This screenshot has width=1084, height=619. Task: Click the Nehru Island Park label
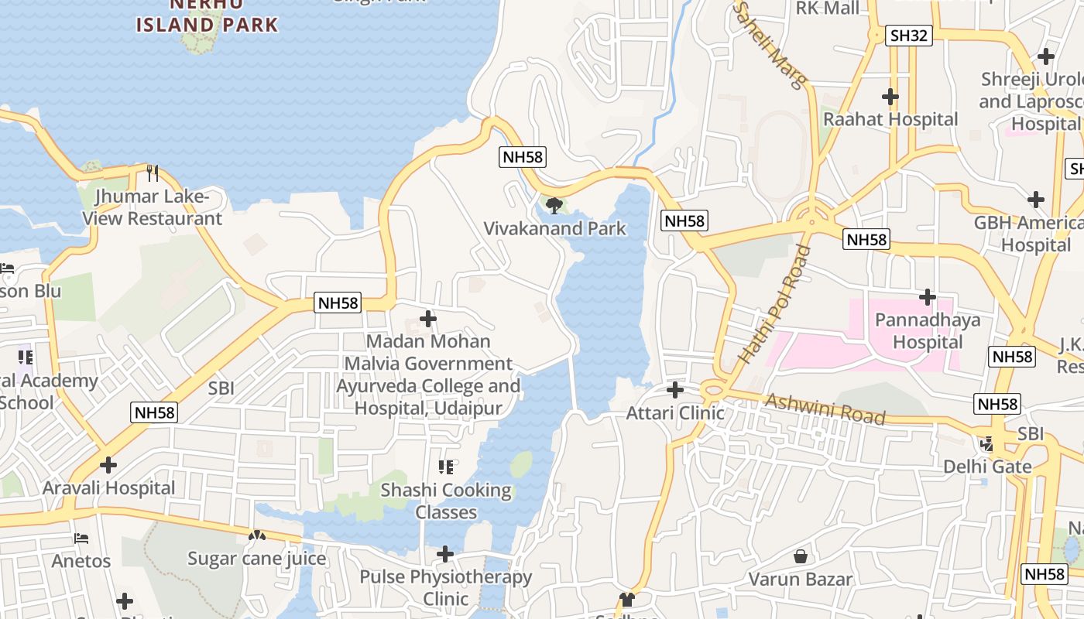[x=207, y=17]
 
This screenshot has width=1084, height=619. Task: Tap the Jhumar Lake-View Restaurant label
[x=153, y=207]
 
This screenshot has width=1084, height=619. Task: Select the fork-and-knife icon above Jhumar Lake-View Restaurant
[x=153, y=172]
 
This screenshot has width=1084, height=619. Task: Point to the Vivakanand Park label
[x=554, y=228]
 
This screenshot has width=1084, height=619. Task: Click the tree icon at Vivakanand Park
[x=554, y=205]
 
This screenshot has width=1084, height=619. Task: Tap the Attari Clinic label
[x=675, y=412]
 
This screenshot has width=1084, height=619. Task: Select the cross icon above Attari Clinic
[x=675, y=389]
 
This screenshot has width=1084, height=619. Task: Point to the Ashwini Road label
[x=825, y=408]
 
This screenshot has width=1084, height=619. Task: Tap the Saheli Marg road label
[x=770, y=45]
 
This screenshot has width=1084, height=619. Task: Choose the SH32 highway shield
[x=909, y=35]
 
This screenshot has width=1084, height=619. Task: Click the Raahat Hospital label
[x=890, y=119]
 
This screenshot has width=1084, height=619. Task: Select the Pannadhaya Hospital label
[x=928, y=330]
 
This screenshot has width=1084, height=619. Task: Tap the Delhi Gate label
[x=987, y=467]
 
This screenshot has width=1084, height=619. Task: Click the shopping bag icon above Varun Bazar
[x=801, y=556]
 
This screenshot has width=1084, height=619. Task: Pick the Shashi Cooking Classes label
[x=446, y=501]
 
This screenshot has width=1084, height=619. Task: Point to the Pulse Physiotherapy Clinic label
[x=445, y=587]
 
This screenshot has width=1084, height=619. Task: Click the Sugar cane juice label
[x=257, y=558]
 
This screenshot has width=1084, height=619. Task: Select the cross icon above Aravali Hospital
[x=108, y=465]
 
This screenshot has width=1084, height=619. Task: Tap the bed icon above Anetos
[x=81, y=538]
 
